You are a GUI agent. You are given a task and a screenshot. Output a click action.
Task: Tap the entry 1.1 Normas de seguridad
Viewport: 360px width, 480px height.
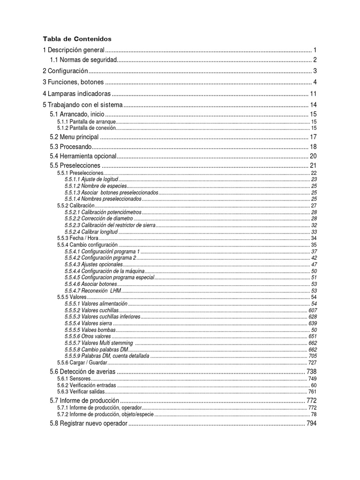83,60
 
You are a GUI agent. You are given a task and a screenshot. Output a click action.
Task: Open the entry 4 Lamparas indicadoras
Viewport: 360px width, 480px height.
77,93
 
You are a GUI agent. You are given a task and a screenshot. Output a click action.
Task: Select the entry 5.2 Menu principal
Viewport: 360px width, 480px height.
74,137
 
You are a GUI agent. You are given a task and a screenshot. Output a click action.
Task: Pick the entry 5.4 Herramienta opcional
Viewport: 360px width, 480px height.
82,156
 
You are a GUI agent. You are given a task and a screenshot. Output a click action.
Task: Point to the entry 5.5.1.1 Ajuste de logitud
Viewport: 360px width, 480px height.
91,180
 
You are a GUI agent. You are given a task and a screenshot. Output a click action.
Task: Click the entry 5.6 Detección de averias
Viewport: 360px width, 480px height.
82,372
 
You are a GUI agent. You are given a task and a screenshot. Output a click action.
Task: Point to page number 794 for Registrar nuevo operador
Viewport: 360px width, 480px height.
312,424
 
